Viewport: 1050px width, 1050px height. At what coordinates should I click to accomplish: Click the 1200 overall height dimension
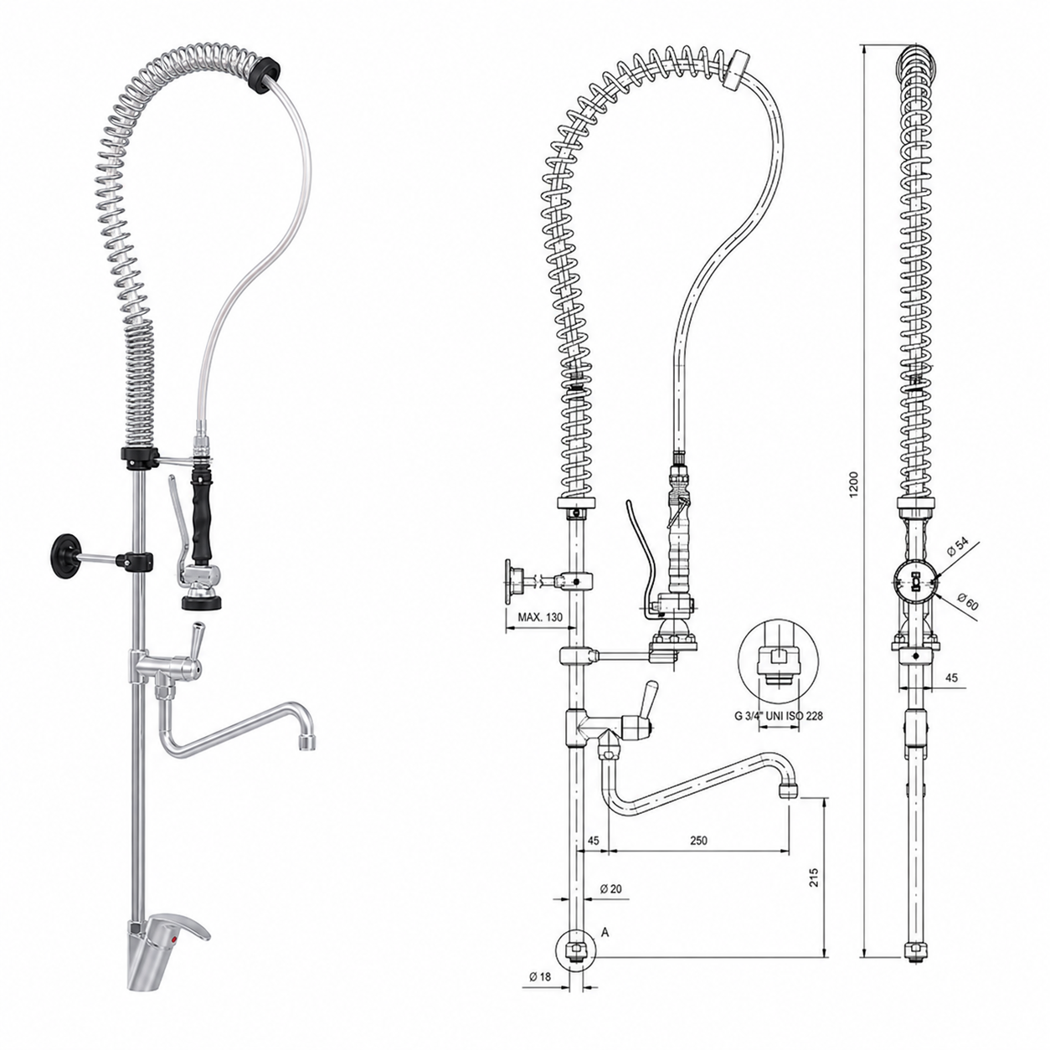[854, 483]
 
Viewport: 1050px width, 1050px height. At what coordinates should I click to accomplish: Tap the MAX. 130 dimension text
[540, 617]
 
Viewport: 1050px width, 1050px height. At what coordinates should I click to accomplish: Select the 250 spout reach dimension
[698, 840]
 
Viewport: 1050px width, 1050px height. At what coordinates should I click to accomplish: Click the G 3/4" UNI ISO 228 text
[779, 716]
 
